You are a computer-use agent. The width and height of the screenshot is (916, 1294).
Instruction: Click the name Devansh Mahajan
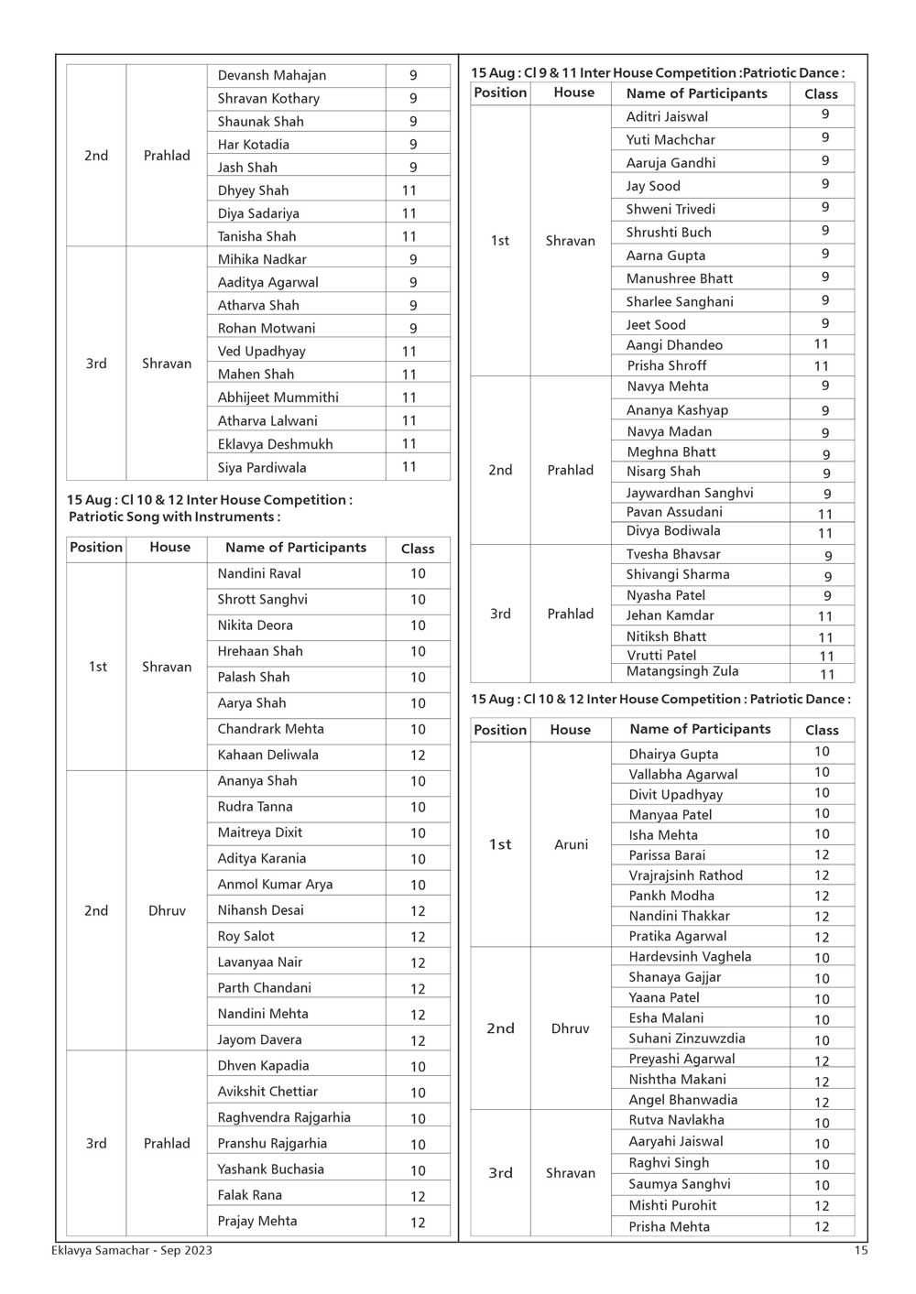click(271, 75)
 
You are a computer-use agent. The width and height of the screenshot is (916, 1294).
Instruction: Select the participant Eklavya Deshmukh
click(275, 444)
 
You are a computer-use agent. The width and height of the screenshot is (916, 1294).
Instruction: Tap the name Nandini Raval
click(259, 574)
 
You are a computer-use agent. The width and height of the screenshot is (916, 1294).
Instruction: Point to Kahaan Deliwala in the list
click(267, 756)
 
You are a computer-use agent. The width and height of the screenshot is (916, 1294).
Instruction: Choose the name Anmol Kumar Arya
click(275, 885)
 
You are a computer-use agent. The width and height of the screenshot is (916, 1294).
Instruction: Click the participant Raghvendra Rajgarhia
click(284, 1117)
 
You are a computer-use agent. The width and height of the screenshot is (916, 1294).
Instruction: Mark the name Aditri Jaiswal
click(667, 117)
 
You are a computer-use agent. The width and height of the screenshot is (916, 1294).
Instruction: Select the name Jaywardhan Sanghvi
click(690, 493)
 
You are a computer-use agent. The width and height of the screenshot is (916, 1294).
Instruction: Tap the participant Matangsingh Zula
click(682, 671)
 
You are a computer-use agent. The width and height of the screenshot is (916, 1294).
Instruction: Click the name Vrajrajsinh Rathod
click(685, 875)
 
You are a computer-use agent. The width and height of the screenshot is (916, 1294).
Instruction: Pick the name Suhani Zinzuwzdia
click(686, 1038)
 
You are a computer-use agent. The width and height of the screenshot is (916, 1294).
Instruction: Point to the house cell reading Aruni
click(571, 844)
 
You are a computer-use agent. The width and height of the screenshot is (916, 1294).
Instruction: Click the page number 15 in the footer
click(860, 1250)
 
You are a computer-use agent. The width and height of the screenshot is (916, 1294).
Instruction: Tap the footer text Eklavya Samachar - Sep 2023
click(132, 1250)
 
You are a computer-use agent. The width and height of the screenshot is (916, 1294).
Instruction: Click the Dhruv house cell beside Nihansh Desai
click(167, 911)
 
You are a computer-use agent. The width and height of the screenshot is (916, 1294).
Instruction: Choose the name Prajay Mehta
click(256, 1221)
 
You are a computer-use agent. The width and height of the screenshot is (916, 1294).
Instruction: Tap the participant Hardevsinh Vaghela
click(690, 957)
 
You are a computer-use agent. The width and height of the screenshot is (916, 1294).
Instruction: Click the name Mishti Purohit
click(672, 1205)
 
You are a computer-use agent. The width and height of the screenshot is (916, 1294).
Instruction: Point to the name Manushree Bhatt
click(679, 278)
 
